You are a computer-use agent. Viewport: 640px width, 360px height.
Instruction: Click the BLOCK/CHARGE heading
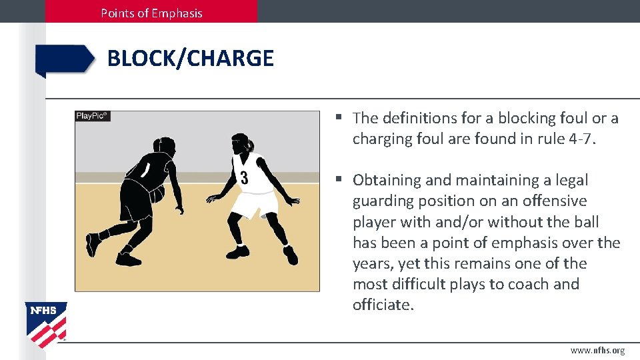click(x=190, y=59)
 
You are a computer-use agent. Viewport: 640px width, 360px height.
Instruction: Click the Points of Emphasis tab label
click(x=151, y=13)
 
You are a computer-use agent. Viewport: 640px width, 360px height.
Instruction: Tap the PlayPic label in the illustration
click(x=92, y=116)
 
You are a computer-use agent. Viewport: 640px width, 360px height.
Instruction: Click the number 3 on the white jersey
click(x=244, y=178)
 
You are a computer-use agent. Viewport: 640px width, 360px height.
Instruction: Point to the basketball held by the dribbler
click(x=157, y=194)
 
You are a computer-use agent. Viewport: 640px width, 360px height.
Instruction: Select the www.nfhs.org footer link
click(x=597, y=351)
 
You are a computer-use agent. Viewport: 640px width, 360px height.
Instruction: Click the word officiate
click(x=382, y=305)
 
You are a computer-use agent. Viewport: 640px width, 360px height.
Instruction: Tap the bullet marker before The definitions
click(x=339, y=118)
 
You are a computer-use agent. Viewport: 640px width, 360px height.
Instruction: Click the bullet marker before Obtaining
click(x=339, y=180)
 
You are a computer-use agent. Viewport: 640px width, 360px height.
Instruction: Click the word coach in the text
click(x=529, y=284)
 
